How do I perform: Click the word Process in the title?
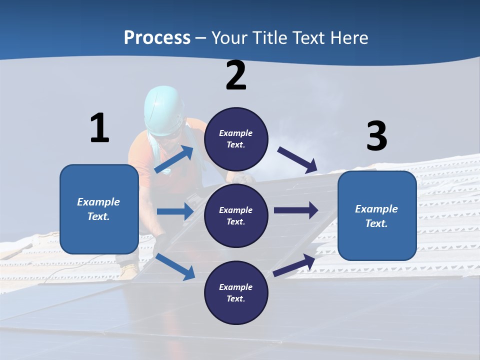click(x=157, y=37)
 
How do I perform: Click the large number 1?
click(x=99, y=128)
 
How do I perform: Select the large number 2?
click(x=236, y=75)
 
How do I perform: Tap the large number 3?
click(x=376, y=136)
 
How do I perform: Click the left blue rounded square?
click(x=99, y=209)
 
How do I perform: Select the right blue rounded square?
click(x=377, y=215)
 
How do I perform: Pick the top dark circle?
click(x=236, y=139)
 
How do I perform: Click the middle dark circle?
click(x=236, y=215)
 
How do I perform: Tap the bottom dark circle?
click(x=236, y=292)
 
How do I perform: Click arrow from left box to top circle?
click(x=174, y=159)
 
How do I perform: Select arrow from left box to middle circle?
click(x=175, y=211)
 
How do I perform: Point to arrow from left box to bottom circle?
click(x=175, y=266)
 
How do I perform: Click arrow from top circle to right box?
click(x=298, y=160)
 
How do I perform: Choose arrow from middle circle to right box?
click(x=296, y=210)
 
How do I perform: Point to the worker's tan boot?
click(x=129, y=271)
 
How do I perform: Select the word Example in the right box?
click(x=376, y=209)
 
